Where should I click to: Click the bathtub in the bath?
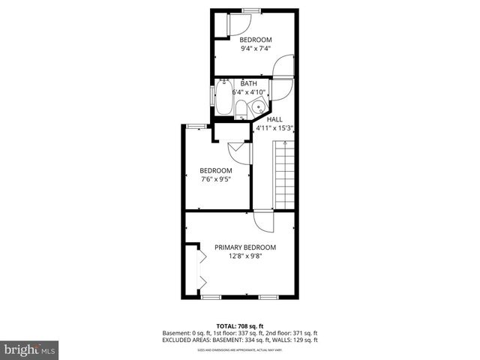point(224,97)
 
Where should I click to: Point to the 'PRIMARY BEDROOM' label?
point(245,247)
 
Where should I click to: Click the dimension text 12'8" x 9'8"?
point(245,256)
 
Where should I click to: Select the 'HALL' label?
point(274,119)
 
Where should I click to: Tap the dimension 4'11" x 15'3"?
point(274,127)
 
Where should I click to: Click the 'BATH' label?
point(249,84)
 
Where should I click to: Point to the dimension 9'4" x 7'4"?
point(255,48)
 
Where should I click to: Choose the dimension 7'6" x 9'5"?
point(215,178)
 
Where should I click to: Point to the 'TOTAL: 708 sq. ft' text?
point(240,326)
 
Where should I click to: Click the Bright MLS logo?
point(30,349)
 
